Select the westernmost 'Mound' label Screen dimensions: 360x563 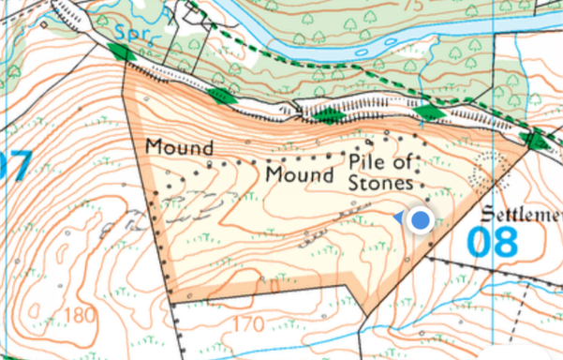pyautogui.click(x=179, y=148)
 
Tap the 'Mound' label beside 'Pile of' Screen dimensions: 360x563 pyautogui.click(x=300, y=175)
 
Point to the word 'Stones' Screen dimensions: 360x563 pyautogui.click(x=380, y=185)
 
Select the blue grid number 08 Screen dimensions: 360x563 pyautogui.click(x=492, y=242)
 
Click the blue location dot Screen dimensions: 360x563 pyautogui.click(x=422, y=221)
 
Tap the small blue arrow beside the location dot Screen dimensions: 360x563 pyautogui.click(x=400, y=218)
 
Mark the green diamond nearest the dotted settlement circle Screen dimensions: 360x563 pyautogui.click(x=538, y=142)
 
